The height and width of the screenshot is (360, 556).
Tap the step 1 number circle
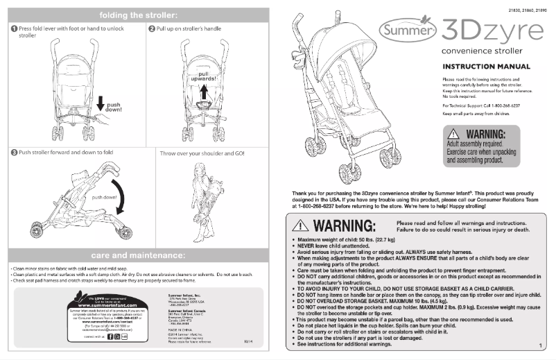tap(14, 28)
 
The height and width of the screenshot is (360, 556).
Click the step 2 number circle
tap(152, 28)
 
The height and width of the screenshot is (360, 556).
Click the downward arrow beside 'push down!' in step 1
tap(101, 104)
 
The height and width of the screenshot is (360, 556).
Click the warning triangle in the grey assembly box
tap(453, 133)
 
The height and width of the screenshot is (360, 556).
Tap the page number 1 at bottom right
tap(539, 345)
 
